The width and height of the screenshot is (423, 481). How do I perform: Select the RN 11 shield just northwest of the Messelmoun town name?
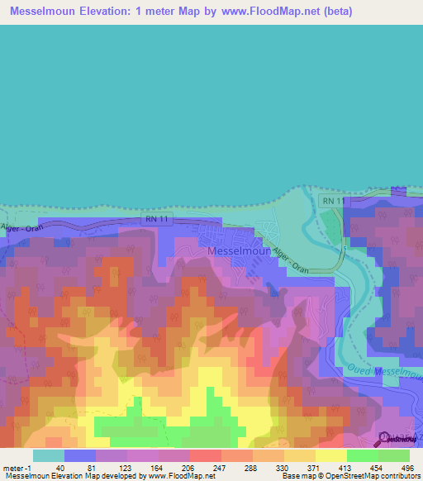coord(157,219)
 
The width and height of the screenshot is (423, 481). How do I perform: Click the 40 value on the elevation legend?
coord(60,467)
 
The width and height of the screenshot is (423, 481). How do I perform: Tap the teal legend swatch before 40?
coord(48,455)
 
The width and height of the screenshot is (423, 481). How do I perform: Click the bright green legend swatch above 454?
coord(363,455)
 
